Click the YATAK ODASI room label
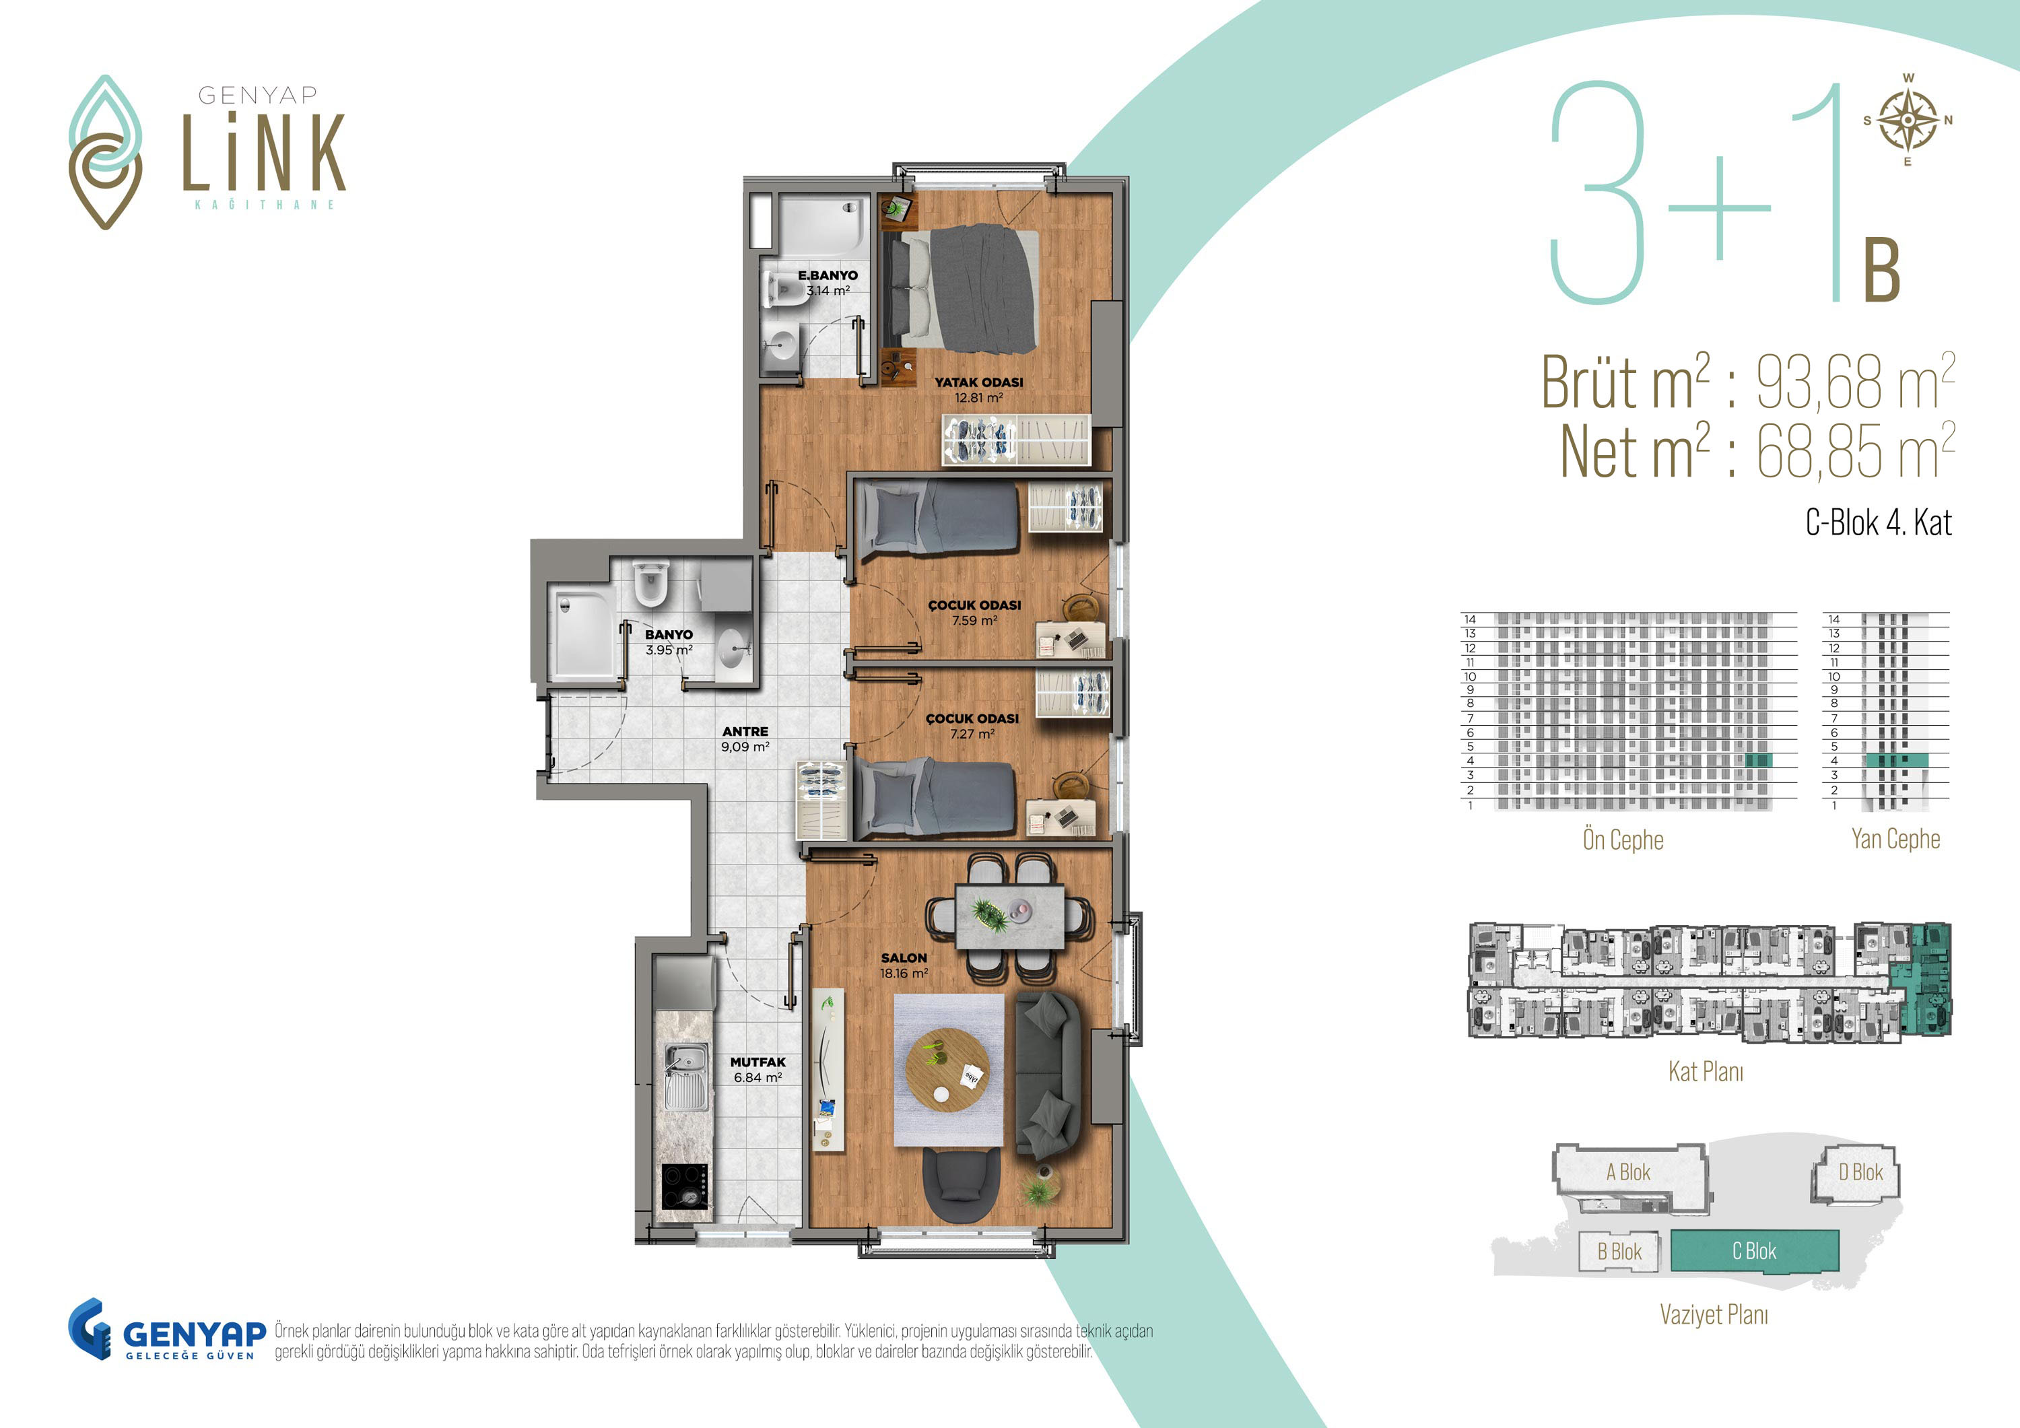point(978,390)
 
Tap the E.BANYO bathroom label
point(828,282)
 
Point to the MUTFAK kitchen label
point(757,1070)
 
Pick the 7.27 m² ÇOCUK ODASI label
point(972,726)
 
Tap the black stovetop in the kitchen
point(685,1187)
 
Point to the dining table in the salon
point(1009,916)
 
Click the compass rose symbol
point(1908,121)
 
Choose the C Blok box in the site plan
point(1754,1250)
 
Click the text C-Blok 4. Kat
point(1879,522)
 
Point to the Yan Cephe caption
point(1895,838)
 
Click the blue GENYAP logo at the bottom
point(167,1330)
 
